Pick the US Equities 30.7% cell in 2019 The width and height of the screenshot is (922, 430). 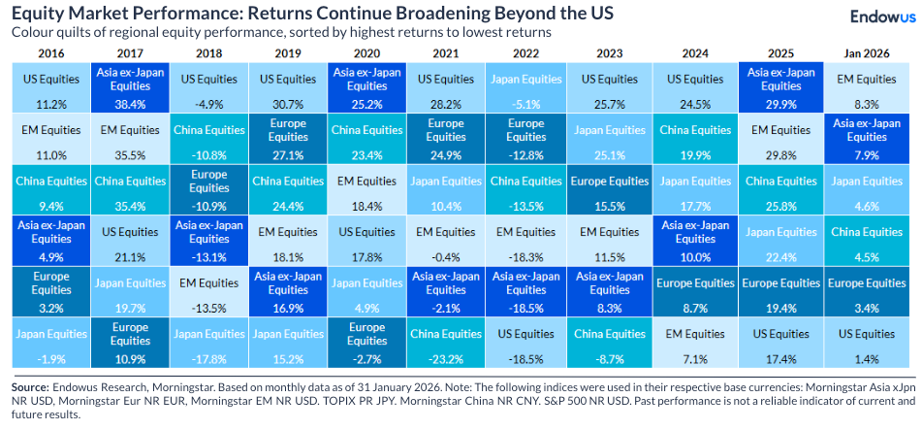pyautogui.click(x=287, y=86)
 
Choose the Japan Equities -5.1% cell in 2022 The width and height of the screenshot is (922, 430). pyautogui.click(x=525, y=86)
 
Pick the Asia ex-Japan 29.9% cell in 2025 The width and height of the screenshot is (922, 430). pyautogui.click(x=781, y=86)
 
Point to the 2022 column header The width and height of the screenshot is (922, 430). pyautogui.click(x=525, y=52)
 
